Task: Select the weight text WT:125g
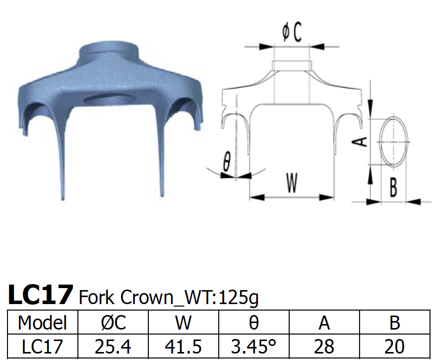coord(222,298)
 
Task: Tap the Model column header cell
coord(42,323)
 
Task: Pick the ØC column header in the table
coord(113,323)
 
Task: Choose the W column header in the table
coord(183,323)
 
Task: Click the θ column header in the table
coord(254,323)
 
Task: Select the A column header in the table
coord(325,323)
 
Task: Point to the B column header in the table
coord(395,323)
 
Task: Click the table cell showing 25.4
coord(113,347)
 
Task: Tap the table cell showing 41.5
coord(183,347)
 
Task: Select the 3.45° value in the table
coord(254,347)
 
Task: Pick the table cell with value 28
coord(325,347)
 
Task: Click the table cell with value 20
coord(395,347)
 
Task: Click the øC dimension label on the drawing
coord(292,33)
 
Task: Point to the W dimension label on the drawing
coord(292,182)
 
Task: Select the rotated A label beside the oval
coord(363,142)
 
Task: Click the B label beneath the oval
coord(393,187)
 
